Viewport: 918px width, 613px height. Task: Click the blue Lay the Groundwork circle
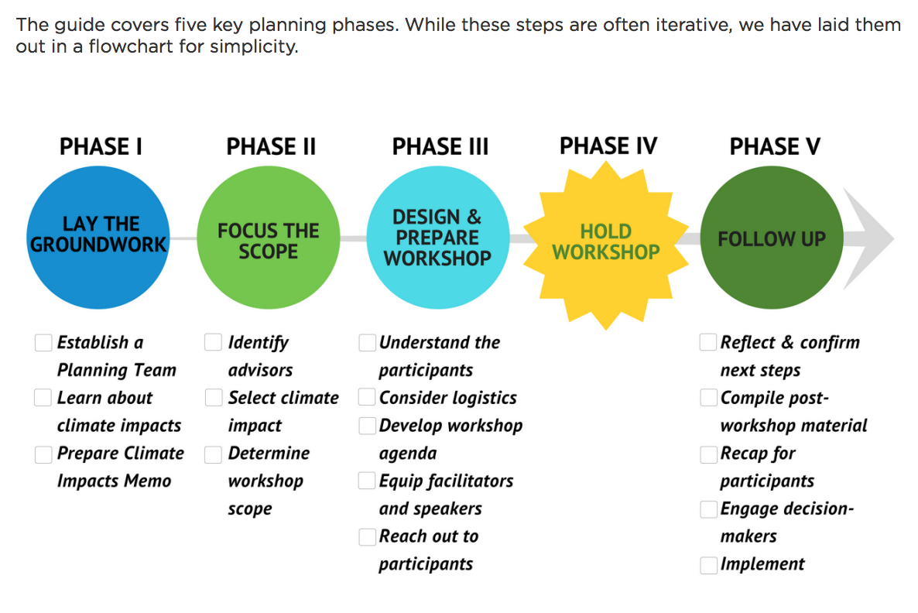(x=98, y=238)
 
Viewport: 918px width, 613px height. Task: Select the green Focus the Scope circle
(x=268, y=238)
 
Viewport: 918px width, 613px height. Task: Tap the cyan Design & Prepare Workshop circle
(x=438, y=238)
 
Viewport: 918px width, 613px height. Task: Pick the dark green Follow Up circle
(x=772, y=238)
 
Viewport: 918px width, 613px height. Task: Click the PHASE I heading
(x=101, y=146)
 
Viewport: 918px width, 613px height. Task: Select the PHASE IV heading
(x=608, y=146)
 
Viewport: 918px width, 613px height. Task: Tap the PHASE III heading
(x=440, y=146)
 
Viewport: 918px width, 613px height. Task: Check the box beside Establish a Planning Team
(x=43, y=343)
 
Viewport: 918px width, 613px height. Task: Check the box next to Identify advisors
(x=213, y=342)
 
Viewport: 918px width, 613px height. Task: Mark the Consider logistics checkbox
(x=367, y=397)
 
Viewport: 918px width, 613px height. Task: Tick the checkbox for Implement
(x=709, y=565)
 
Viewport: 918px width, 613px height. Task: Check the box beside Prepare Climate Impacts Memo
(x=43, y=454)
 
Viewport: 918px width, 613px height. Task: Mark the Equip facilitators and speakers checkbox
(x=367, y=481)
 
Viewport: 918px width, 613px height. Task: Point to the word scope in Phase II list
(x=250, y=509)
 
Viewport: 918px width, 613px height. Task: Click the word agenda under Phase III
(x=407, y=454)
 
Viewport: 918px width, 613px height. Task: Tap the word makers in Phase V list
(x=748, y=536)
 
